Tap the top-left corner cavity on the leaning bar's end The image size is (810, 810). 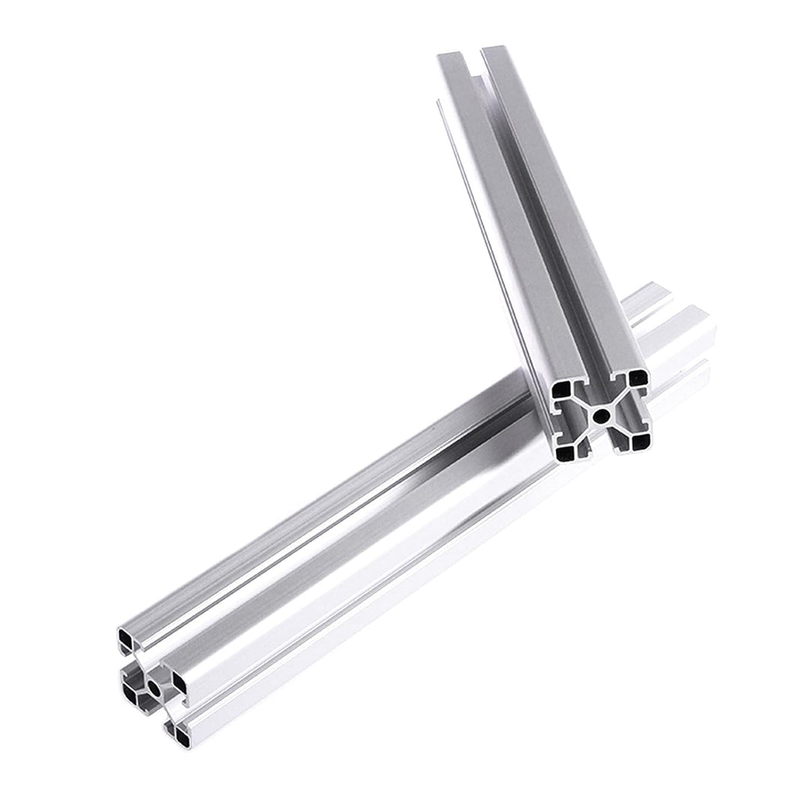(562, 388)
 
